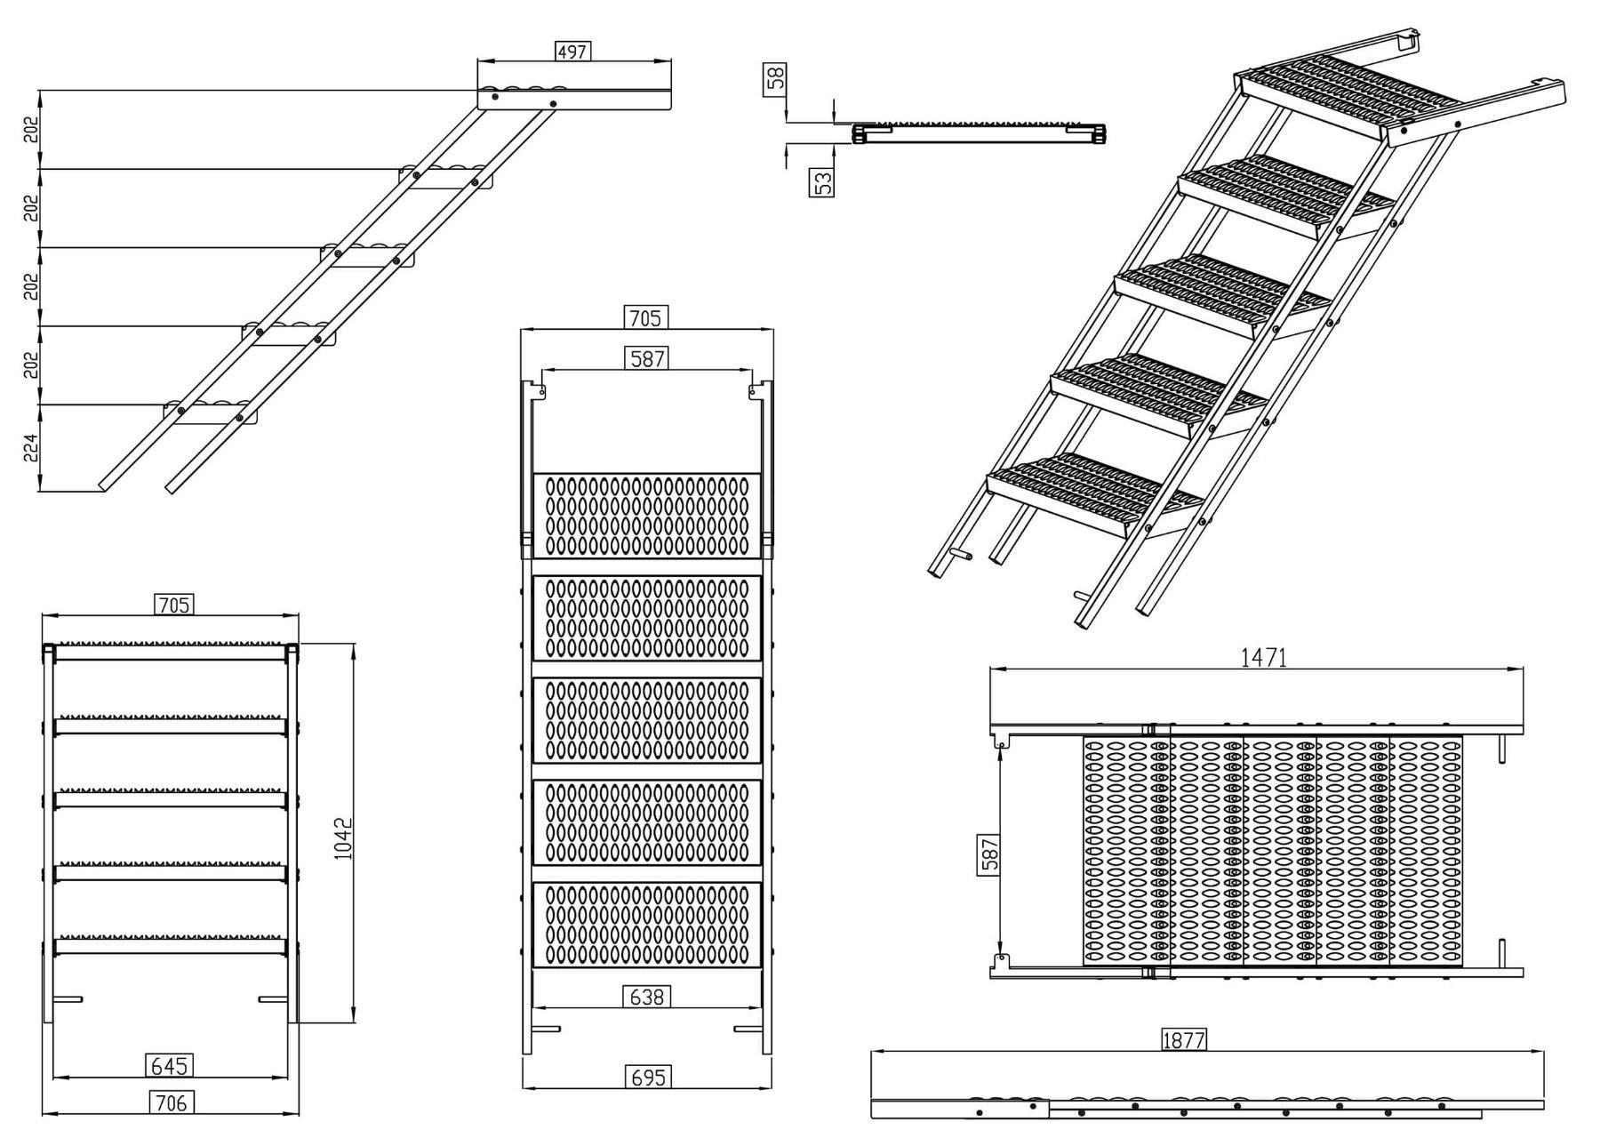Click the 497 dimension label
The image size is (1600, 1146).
point(572,52)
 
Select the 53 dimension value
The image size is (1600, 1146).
point(823,182)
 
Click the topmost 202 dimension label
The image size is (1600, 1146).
point(30,130)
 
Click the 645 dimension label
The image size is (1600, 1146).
point(169,1064)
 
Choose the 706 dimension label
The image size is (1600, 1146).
point(171,1102)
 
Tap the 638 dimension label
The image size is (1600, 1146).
point(646,997)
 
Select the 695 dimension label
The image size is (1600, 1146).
point(647,1077)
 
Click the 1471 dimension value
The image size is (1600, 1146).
point(1263,657)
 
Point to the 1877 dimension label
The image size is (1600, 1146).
point(1183,1039)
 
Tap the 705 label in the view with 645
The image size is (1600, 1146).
point(173,605)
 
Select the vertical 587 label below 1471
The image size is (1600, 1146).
point(989,853)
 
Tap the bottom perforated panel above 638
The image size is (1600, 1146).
point(646,925)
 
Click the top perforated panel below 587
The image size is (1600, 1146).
point(646,516)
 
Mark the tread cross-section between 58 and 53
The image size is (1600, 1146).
point(978,132)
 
